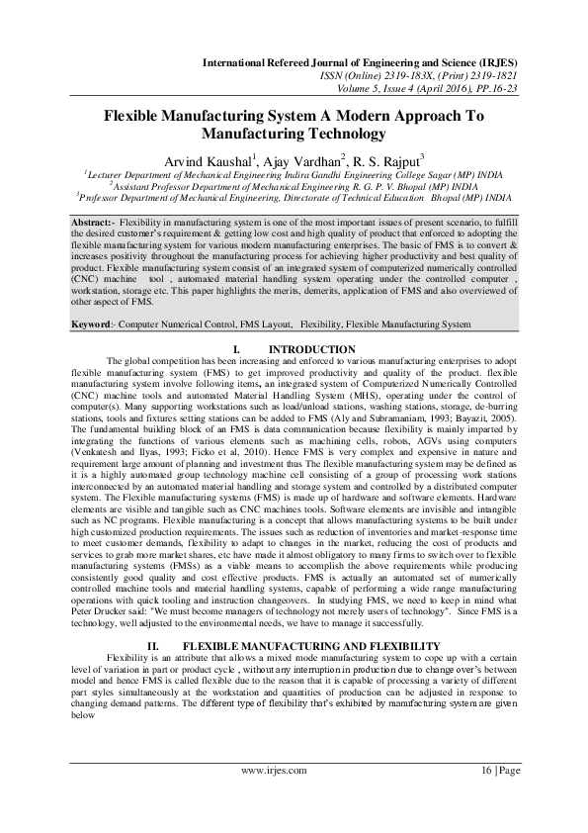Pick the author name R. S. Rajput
(388, 160)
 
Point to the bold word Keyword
(91, 324)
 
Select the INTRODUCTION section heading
(312, 350)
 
